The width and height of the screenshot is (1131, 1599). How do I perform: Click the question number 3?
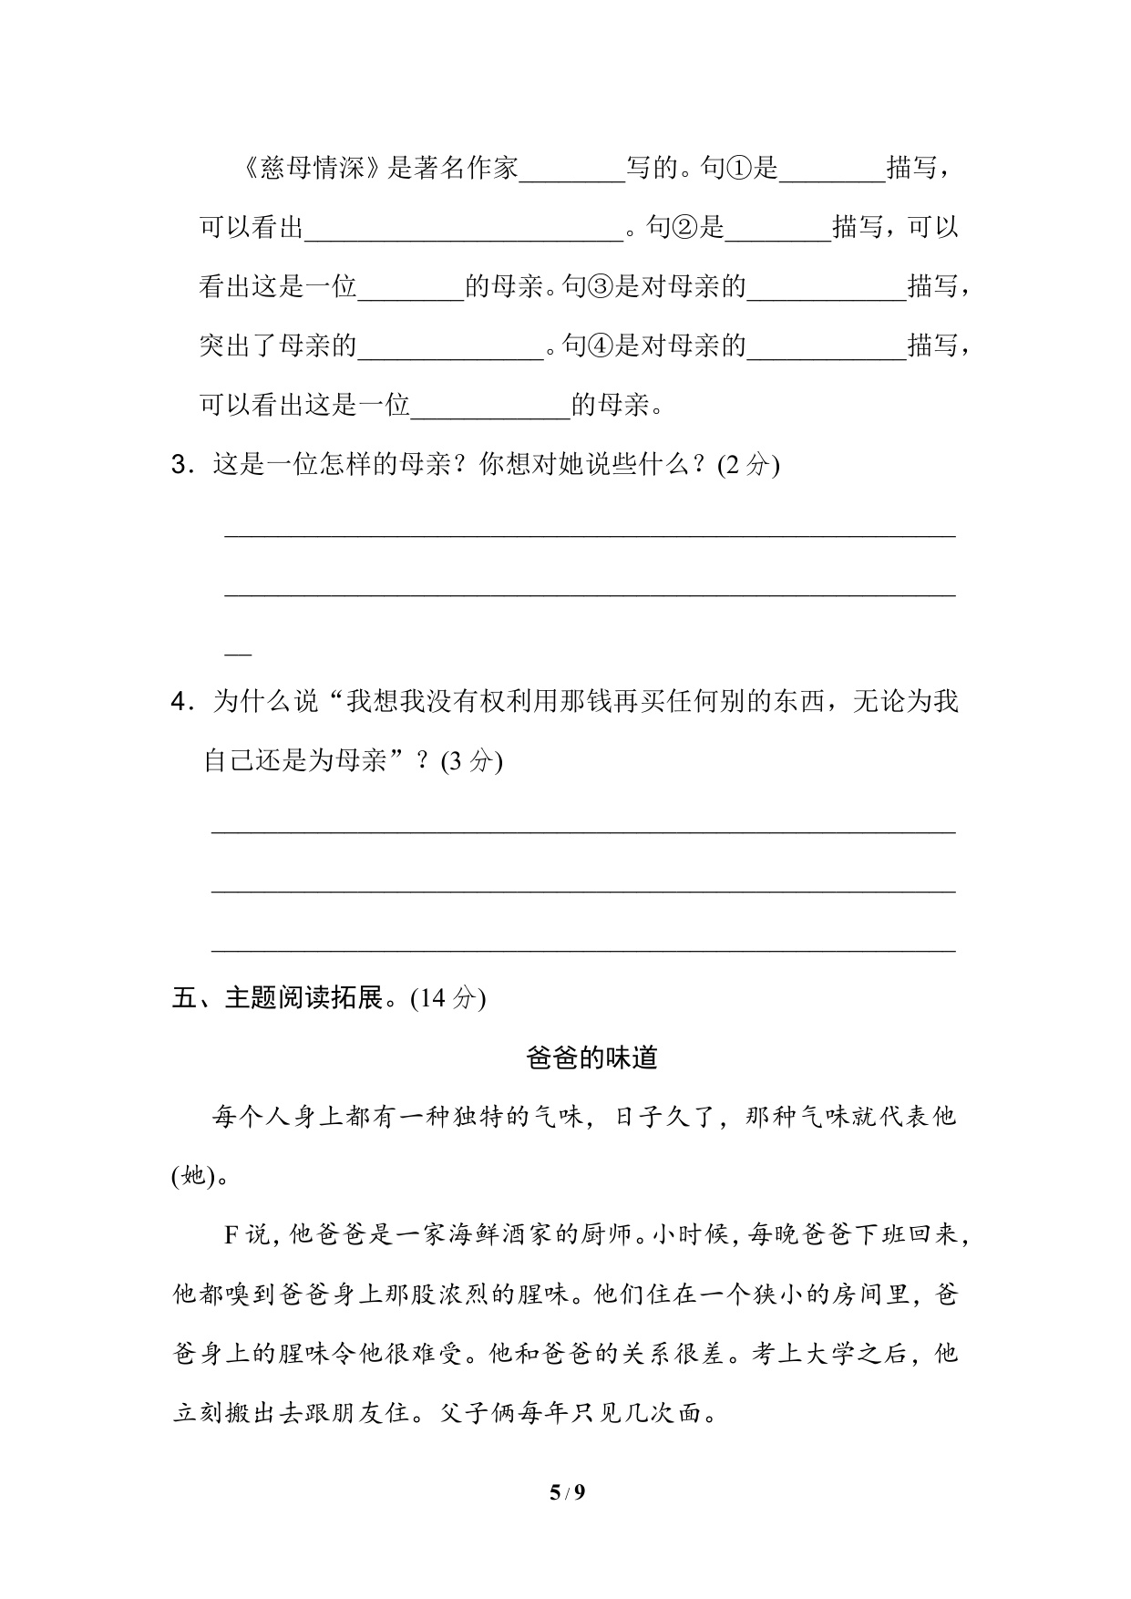[180, 465]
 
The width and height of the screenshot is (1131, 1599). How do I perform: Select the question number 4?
[180, 702]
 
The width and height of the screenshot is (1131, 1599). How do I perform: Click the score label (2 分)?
[748, 465]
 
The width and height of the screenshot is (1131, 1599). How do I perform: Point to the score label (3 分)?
[471, 761]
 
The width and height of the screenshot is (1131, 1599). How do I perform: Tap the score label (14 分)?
[447, 998]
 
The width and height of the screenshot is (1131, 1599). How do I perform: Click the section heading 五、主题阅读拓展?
[283, 998]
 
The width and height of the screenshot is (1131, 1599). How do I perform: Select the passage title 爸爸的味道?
[591, 1057]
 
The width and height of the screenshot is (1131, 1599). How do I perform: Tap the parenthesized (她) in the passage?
[194, 1177]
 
